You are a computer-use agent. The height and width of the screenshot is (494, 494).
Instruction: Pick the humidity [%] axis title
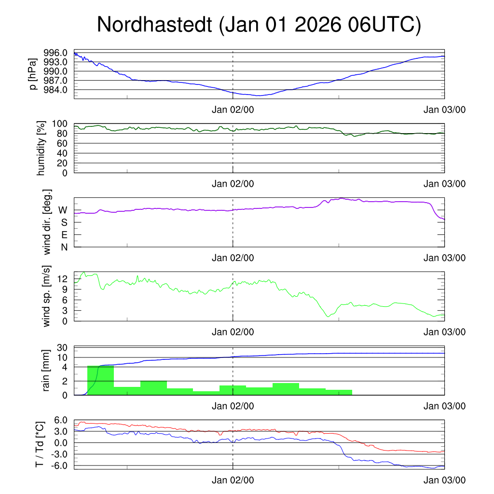click(x=41, y=148)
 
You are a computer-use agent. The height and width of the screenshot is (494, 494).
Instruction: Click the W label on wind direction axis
click(x=63, y=210)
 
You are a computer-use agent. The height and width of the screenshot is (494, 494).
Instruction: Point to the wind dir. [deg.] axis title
click(x=47, y=223)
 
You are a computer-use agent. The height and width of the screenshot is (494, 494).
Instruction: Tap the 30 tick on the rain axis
click(x=62, y=348)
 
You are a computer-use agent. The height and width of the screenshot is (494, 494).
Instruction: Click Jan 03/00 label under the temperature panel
click(x=444, y=480)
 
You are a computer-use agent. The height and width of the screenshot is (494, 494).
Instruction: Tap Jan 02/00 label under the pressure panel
click(x=233, y=110)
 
